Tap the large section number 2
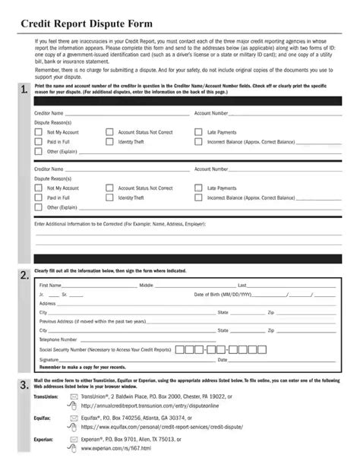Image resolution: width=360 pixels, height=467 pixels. pos(25,274)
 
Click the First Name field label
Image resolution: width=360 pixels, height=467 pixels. pos(52,286)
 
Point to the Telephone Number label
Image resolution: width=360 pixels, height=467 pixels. pos(58,339)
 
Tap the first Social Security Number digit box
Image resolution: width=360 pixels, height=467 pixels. pos(180,349)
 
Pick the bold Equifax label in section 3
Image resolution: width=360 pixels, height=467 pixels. pos(43,418)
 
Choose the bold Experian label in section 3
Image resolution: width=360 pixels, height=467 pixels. pos(45,439)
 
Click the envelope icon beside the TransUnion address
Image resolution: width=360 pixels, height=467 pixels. pos(74,396)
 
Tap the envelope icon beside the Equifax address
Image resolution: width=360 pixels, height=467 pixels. pos(74,418)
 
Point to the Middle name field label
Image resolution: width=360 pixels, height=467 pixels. pos(147,286)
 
